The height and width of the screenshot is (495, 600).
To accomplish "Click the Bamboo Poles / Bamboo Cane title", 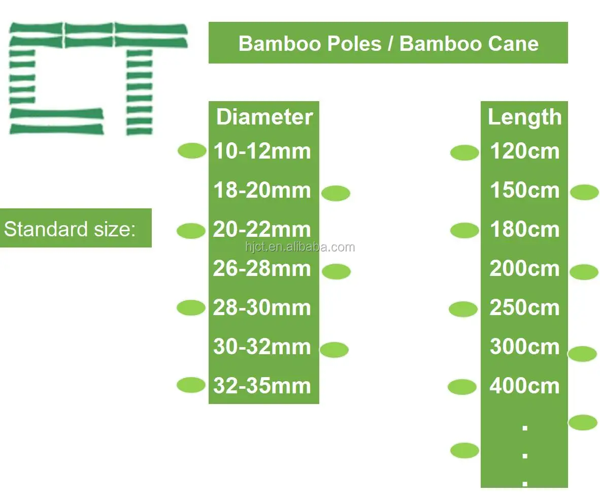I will [388, 43].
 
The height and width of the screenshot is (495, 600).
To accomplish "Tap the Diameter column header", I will [264, 117].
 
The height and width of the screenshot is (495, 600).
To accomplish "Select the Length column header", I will [524, 117].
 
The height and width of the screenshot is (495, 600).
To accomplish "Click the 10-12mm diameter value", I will [262, 151].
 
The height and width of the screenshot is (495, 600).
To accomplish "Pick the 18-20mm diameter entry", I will [262, 191].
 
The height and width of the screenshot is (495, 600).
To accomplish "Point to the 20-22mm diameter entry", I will [262, 230].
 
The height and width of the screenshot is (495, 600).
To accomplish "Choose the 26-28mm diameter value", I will [262, 269].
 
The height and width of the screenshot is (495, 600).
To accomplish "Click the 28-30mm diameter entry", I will [262, 308].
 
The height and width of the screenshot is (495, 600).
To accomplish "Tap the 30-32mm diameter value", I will [262, 347].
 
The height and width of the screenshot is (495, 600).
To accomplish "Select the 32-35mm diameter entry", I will [262, 386].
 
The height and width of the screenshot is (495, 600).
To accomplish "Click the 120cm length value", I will [524, 151].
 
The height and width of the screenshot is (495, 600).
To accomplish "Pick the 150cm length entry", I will [524, 191].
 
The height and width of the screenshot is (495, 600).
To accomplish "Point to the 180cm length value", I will [524, 230].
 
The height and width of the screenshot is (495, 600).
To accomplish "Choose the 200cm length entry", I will [524, 269].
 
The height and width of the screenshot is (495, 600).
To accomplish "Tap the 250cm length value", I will [524, 308].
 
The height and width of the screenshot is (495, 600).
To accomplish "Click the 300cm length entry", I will [524, 347].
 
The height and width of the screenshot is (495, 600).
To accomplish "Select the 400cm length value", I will [524, 386].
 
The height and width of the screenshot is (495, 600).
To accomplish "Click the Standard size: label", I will [70, 229].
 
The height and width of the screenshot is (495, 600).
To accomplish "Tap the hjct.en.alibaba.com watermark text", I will [300, 247].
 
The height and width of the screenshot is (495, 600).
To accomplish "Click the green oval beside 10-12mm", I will [192, 150].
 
